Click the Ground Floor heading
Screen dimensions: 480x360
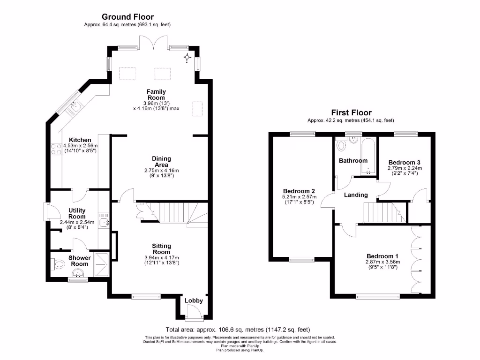[127, 17]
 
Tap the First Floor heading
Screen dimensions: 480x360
[351, 112]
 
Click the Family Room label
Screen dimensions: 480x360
[156, 95]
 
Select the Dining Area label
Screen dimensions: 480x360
[161, 162]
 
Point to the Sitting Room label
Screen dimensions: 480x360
[161, 249]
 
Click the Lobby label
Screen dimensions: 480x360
[194, 300]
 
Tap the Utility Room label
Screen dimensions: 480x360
[77, 213]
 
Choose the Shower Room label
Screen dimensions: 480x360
[79, 261]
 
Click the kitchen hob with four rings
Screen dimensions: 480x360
[56, 149]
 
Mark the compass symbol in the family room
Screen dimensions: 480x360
[187, 57]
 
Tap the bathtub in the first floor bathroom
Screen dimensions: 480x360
[367, 157]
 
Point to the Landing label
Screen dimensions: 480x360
[356, 195]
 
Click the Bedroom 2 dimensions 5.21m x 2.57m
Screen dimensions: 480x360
[299, 197]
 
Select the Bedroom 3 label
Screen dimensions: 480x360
[405, 163]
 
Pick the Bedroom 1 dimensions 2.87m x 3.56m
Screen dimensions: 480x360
[382, 262]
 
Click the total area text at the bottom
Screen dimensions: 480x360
[238, 330]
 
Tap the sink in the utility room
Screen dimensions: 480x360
[104, 223]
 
